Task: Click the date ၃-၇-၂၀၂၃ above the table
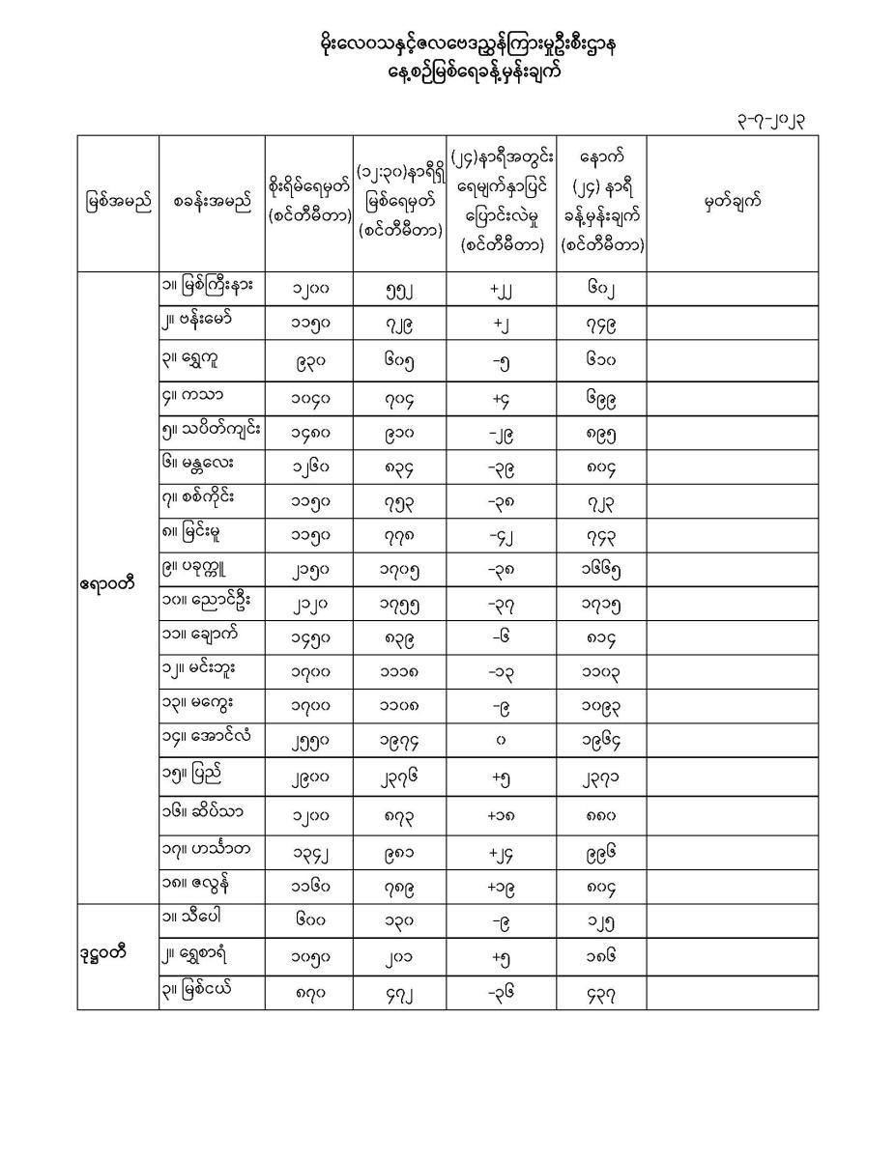(770, 121)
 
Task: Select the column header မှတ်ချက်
(732, 202)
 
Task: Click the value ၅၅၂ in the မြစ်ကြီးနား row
(398, 288)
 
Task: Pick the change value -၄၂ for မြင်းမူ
(501, 533)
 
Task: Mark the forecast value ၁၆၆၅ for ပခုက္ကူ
(600, 569)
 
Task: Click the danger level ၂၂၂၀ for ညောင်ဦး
(309, 604)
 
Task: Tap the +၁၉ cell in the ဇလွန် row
(501, 886)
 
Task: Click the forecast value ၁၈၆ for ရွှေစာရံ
(600, 957)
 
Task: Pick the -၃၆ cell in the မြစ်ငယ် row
(501, 992)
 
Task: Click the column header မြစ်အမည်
(118, 203)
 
